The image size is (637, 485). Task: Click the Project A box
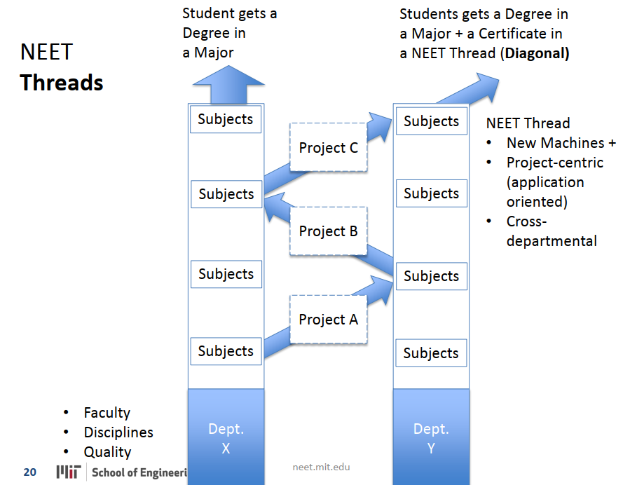(x=328, y=320)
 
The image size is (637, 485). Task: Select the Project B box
(x=328, y=231)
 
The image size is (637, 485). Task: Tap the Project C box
(x=328, y=148)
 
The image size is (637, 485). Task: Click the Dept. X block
(x=226, y=437)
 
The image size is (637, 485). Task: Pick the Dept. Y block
(x=431, y=437)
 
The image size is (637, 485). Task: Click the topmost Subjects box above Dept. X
(x=226, y=119)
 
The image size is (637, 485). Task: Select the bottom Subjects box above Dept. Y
(x=431, y=353)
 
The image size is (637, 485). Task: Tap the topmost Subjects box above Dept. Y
(x=431, y=121)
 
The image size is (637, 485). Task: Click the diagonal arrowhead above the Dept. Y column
(x=484, y=84)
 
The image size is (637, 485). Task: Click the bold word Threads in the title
(x=62, y=83)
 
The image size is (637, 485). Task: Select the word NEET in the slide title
(x=46, y=52)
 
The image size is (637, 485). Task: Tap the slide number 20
(x=29, y=472)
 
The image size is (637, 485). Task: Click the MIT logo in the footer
(x=69, y=472)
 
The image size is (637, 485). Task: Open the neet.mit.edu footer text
(x=321, y=467)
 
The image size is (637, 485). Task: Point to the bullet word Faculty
(x=107, y=413)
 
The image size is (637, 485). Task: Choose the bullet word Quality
(x=107, y=452)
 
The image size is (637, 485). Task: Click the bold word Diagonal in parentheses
(x=535, y=53)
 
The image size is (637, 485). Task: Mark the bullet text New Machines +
(x=561, y=143)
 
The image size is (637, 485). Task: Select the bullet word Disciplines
(x=118, y=432)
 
